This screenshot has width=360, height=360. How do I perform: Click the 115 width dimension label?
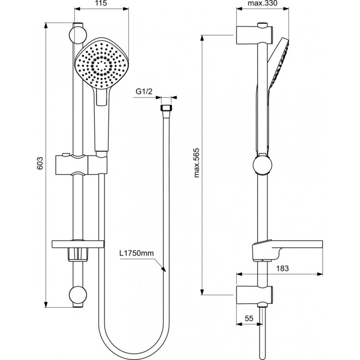click(x=101, y=3)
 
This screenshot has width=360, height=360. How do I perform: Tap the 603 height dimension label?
click(x=40, y=163)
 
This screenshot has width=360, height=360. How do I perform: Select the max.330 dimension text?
click(x=263, y=3)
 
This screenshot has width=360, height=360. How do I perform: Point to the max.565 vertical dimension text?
click(x=196, y=163)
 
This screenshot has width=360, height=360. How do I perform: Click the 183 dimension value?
click(x=282, y=268)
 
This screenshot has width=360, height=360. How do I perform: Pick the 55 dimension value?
click(x=249, y=318)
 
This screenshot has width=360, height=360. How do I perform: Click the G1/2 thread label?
click(x=144, y=92)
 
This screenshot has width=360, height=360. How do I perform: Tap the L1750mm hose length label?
click(x=136, y=253)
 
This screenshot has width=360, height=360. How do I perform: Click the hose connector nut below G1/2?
click(x=166, y=108)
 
